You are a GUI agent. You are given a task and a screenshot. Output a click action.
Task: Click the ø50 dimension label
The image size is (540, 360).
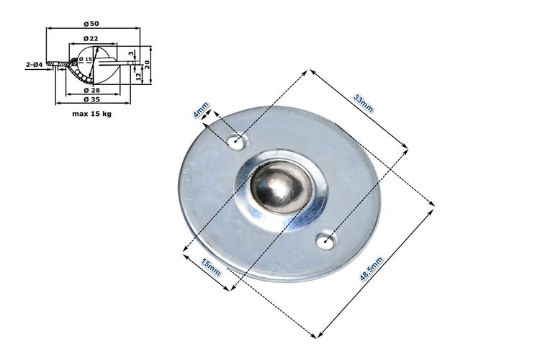click(91, 24)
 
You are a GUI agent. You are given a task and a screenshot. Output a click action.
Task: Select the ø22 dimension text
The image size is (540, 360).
click(91, 39)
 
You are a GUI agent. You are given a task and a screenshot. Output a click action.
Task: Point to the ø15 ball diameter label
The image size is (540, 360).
click(86, 59)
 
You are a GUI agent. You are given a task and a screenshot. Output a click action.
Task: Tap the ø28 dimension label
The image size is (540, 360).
click(92, 90)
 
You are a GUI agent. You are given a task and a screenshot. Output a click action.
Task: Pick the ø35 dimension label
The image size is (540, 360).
click(92, 99)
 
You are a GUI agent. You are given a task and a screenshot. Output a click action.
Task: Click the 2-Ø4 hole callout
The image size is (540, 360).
click(34, 64)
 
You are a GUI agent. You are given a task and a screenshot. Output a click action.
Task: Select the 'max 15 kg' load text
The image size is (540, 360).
click(91, 114)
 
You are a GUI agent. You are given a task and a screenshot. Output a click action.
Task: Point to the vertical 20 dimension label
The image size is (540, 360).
click(147, 64)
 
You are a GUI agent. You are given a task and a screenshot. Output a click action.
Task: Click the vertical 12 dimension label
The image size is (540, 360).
click(138, 76)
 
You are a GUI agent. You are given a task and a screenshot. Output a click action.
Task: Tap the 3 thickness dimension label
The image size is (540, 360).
click(131, 53)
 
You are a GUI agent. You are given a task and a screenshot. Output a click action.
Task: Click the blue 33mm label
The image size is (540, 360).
click(364, 104)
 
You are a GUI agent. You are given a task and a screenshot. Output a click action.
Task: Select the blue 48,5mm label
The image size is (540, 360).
click(372, 269)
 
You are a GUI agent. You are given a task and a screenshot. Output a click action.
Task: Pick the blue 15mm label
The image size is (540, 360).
click(211, 267)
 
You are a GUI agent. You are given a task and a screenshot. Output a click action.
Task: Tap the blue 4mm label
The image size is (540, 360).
click(201, 110)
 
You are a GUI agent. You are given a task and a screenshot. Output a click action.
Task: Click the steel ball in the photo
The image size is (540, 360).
click(282, 187)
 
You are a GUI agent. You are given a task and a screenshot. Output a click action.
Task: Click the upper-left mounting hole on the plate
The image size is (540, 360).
click(237, 142)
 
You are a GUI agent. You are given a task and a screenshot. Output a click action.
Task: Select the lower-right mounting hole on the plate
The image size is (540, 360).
click(325, 240)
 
